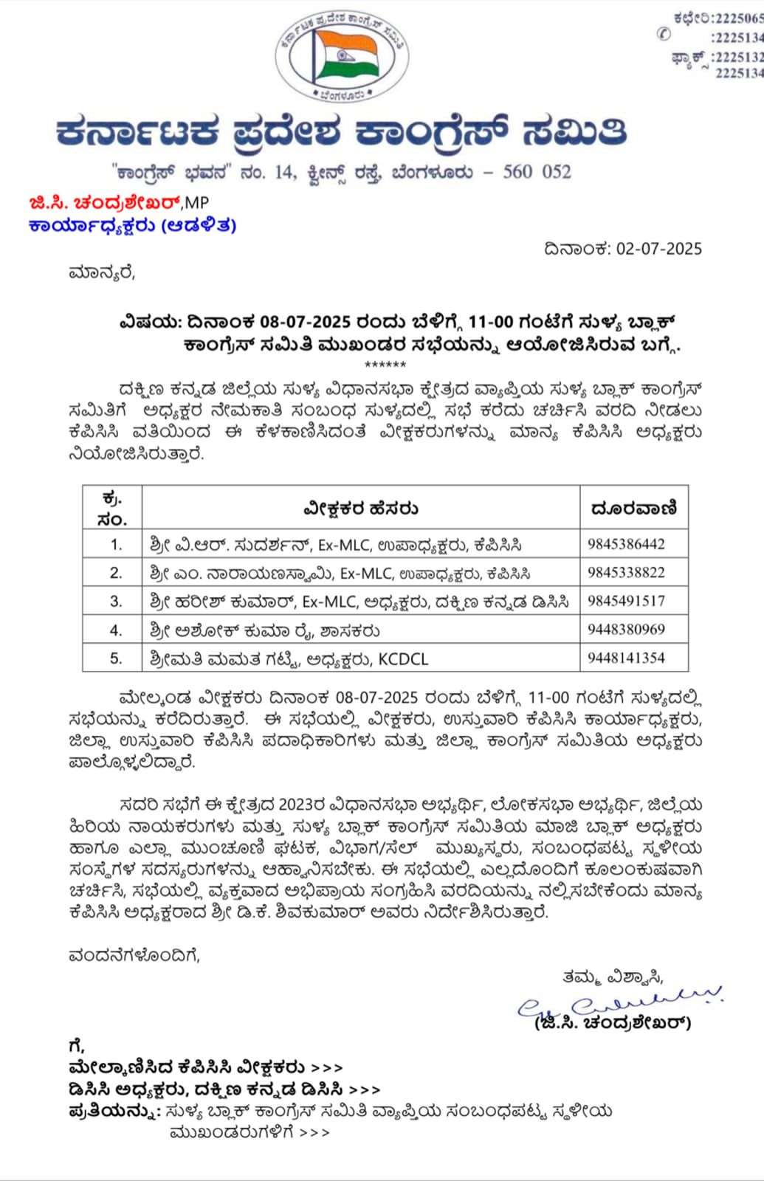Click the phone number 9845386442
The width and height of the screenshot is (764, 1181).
point(626,545)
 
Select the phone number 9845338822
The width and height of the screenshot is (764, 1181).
point(626,573)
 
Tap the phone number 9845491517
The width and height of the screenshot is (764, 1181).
point(626,601)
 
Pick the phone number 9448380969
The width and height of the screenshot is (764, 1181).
point(626,630)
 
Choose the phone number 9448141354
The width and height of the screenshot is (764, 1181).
point(626,658)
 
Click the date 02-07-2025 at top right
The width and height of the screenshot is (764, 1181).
point(658,249)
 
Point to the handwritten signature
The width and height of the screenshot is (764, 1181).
point(620,1004)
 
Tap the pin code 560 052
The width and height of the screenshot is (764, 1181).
point(537,172)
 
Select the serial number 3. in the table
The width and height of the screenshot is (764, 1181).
point(116,602)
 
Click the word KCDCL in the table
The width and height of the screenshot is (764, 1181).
point(403,659)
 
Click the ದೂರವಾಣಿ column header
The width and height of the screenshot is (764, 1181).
point(634,508)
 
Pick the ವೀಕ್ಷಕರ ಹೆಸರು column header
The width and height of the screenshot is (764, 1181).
point(360,509)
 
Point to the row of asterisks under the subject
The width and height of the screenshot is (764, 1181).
point(385,365)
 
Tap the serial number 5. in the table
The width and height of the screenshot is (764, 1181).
point(116,658)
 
